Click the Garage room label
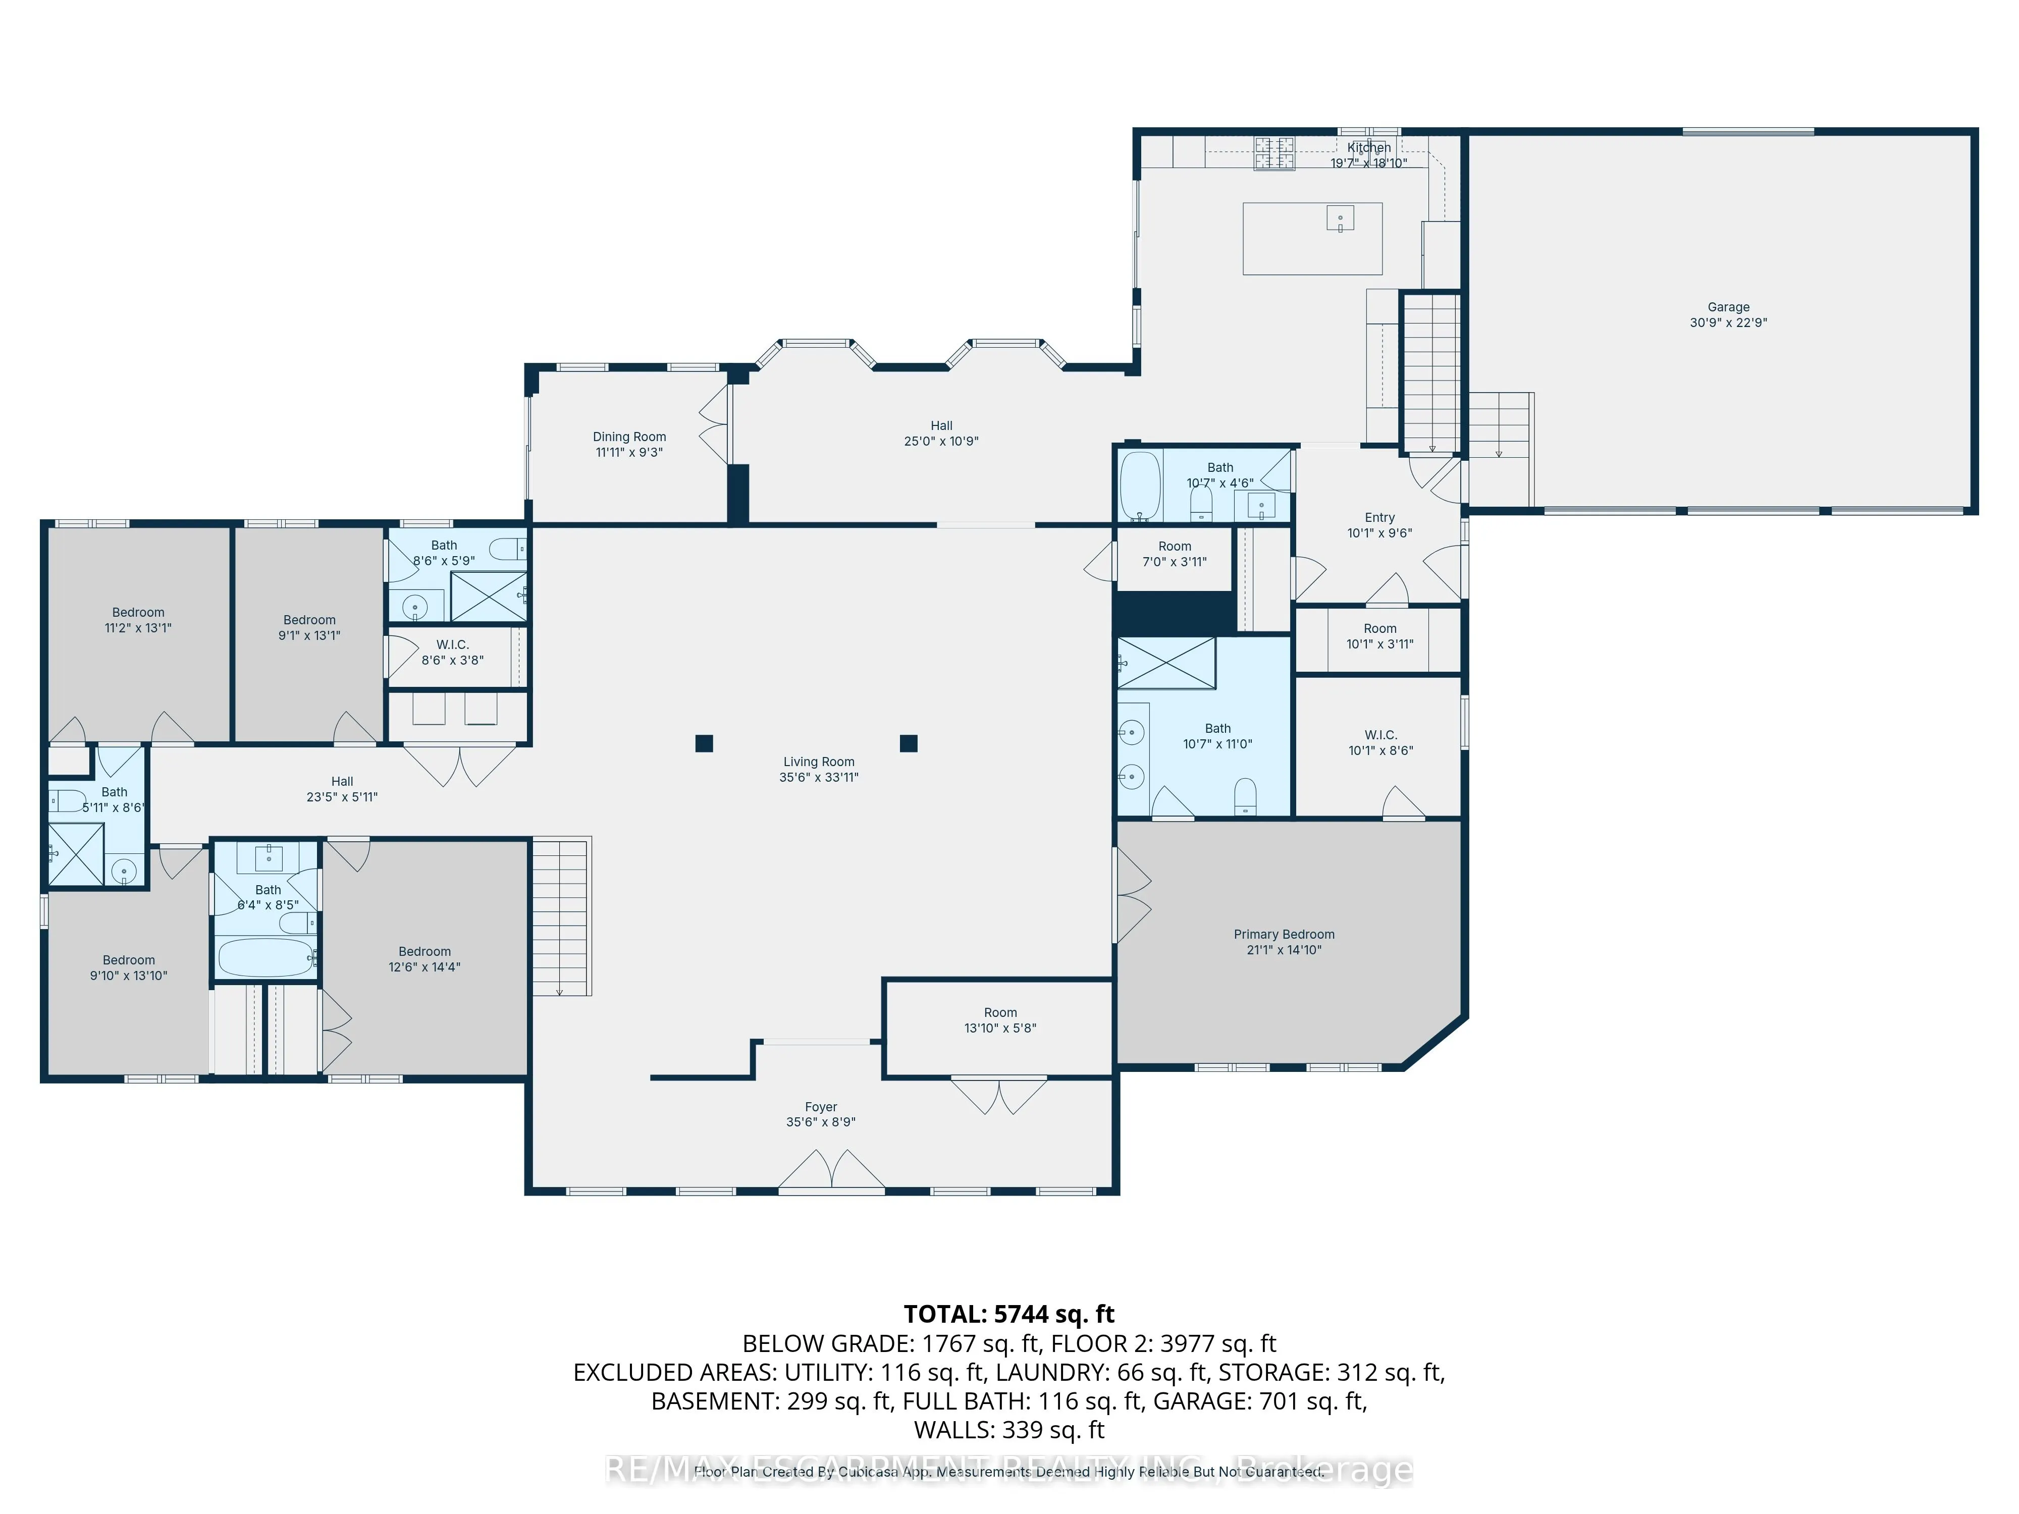pyautogui.click(x=1728, y=307)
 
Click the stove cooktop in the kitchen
pyautogui.click(x=1273, y=153)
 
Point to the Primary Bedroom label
pyautogui.click(x=1283, y=935)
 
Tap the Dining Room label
pyautogui.click(x=629, y=437)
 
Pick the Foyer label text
pyautogui.click(x=821, y=1107)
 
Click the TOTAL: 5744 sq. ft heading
pyautogui.click(x=1008, y=1314)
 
